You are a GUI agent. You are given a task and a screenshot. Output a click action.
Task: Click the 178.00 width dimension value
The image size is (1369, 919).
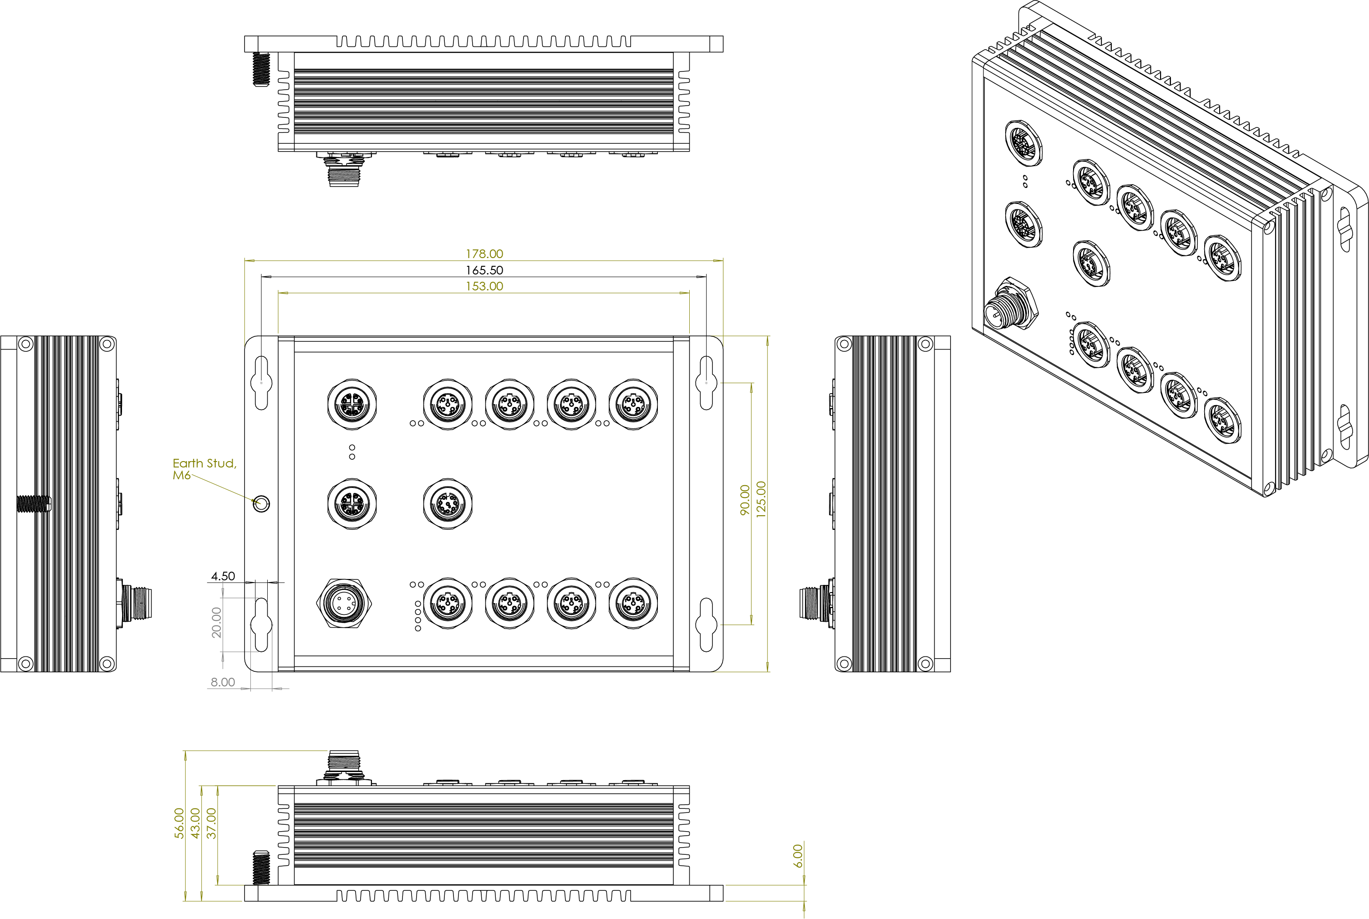pos(484,254)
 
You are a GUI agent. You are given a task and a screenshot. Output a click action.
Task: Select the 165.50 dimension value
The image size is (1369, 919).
pos(484,270)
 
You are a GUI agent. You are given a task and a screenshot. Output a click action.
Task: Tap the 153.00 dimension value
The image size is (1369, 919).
pos(484,286)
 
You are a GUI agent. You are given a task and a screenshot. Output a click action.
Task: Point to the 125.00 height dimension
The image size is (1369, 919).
pos(761,499)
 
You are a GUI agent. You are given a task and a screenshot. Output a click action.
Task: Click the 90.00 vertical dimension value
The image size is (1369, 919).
pos(744,500)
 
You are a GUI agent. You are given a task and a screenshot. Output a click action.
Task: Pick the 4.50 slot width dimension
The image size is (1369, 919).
pos(223,576)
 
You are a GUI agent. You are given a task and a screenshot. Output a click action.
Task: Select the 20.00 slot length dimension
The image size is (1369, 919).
pos(216,622)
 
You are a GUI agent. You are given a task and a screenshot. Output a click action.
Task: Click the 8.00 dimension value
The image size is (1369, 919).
pos(223,682)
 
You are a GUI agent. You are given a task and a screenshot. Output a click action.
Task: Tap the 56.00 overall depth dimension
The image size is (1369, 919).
pos(179,823)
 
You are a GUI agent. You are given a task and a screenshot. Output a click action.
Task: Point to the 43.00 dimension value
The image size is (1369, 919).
pos(195,823)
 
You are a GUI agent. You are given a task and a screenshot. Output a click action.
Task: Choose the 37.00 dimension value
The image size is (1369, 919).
pos(212,823)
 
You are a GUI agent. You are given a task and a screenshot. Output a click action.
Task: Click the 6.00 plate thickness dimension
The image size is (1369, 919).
pos(798,856)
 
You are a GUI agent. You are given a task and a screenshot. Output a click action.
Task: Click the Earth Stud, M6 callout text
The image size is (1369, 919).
pos(204,469)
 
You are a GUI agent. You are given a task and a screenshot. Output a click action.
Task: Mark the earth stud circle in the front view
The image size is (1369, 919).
pos(261,503)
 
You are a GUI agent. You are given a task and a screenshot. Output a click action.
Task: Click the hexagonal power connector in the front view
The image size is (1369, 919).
pos(345,603)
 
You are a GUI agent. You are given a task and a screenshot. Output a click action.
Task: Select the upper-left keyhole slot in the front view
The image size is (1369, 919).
pos(261,382)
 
